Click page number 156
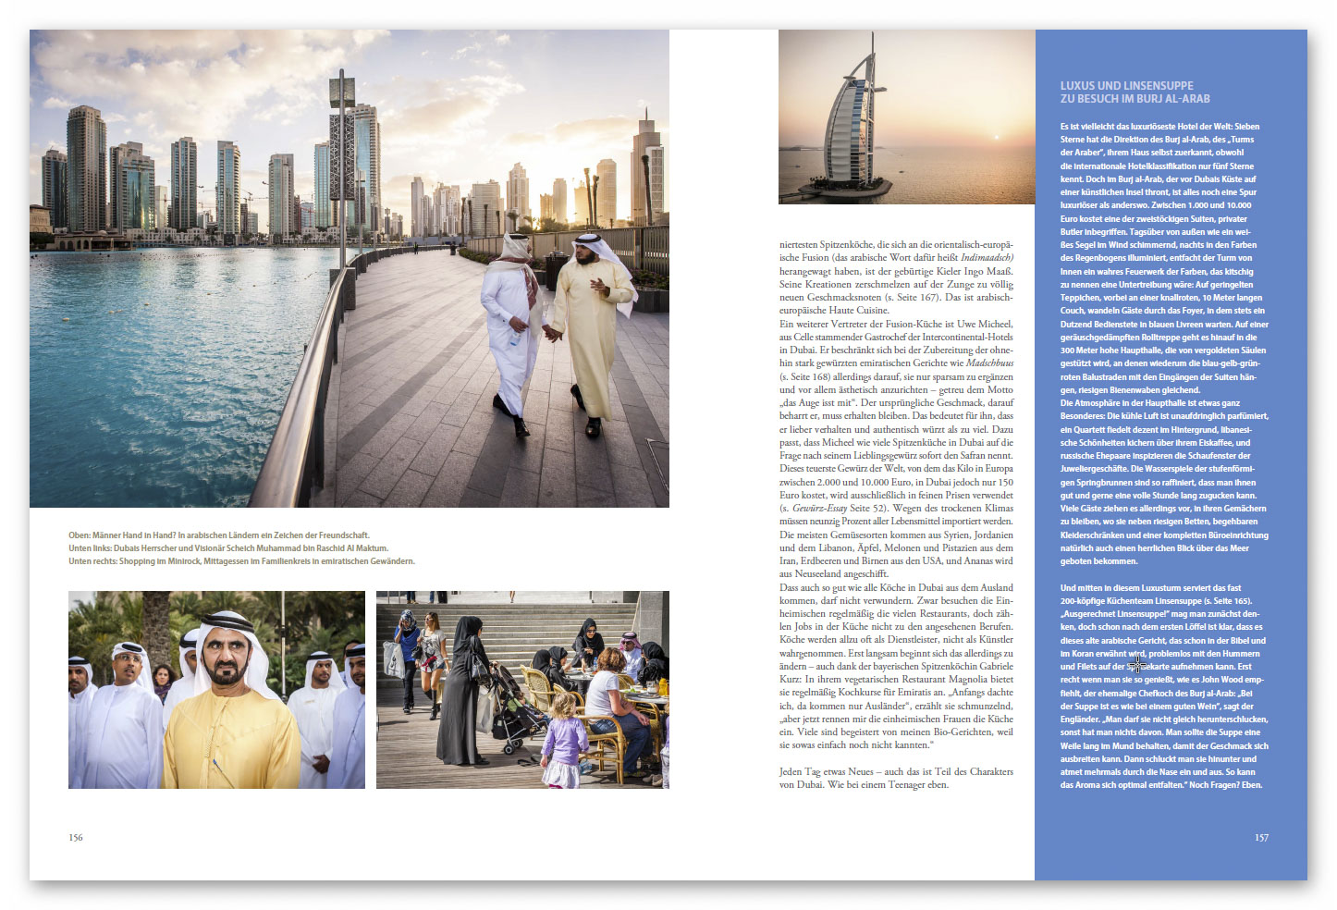pyautogui.click(x=75, y=838)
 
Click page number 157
pyautogui.click(x=1261, y=838)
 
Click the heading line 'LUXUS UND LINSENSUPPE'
pyautogui.click(x=1126, y=85)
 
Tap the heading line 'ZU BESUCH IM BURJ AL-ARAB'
pyautogui.click(x=1135, y=99)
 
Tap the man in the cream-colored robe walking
pyautogui.click(x=592, y=324)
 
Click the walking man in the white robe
pyautogui.click(x=511, y=328)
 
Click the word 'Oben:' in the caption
pyautogui.click(x=80, y=535)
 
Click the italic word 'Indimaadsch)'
pyautogui.click(x=987, y=258)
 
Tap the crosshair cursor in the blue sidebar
pyautogui.click(x=1136, y=664)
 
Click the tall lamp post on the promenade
pyautogui.click(x=342, y=166)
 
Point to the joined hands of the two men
pyautogui.click(x=550, y=332)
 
